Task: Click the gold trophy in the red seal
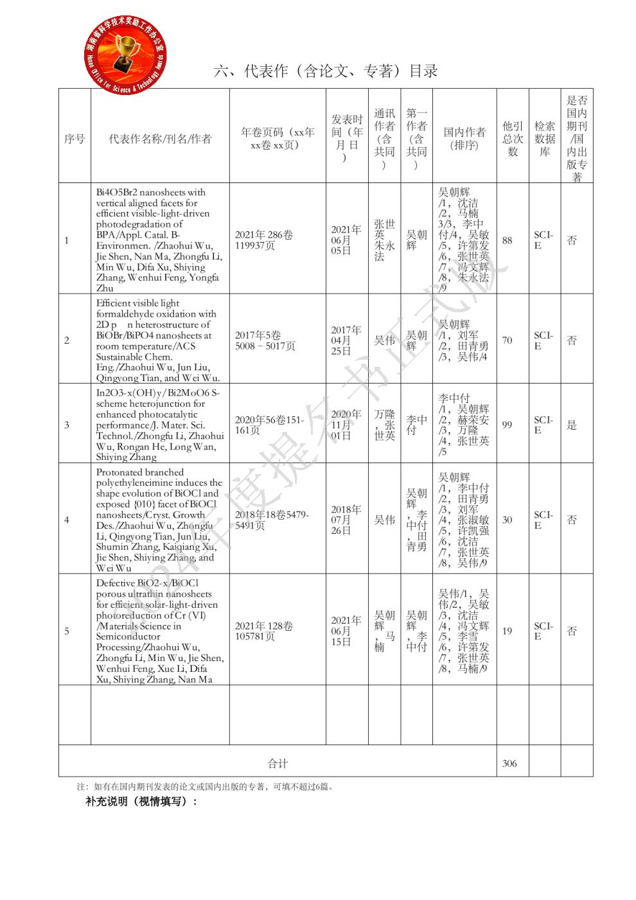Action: (127, 52)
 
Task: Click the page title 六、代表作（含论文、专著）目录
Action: (326, 71)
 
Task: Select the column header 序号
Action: (75, 139)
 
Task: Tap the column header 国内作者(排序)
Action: (464, 139)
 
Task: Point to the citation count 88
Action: (508, 240)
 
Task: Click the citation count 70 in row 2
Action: (508, 340)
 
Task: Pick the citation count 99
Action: (508, 425)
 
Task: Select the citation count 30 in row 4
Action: (508, 520)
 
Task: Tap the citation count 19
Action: (508, 631)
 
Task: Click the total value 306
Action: (509, 763)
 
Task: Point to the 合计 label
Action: (278, 763)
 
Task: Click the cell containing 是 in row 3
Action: (572, 425)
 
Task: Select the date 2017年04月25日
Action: (346, 340)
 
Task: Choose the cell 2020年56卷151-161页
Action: (269, 425)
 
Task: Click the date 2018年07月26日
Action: (346, 520)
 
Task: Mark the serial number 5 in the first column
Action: (67, 631)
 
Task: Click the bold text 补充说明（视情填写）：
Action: (141, 802)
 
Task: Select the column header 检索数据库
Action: (544, 139)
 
